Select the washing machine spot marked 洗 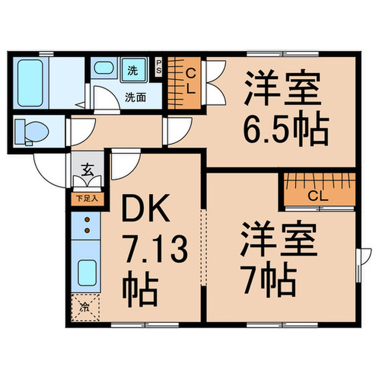(x=133, y=70)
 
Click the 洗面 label (x=134, y=98)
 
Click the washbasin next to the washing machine (x=102, y=69)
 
